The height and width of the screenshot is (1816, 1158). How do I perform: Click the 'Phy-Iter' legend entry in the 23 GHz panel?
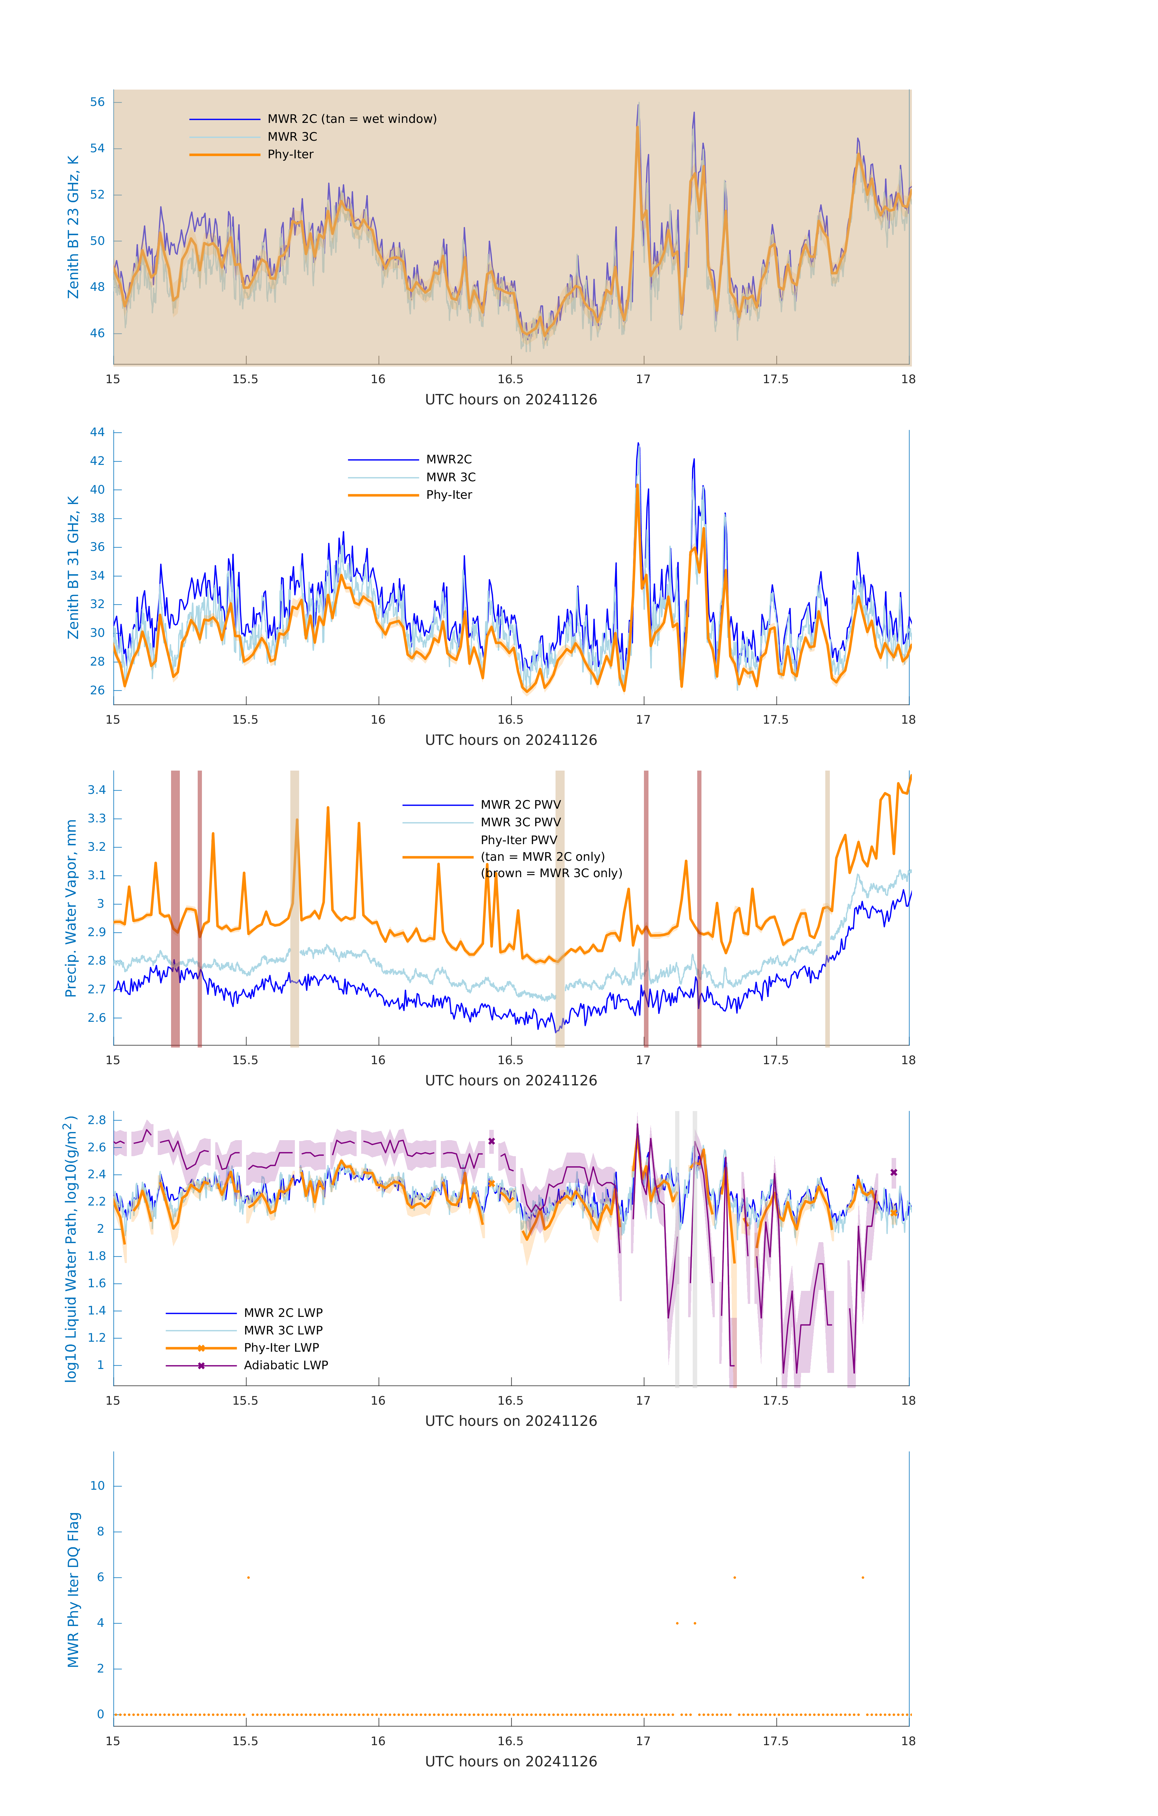point(290,155)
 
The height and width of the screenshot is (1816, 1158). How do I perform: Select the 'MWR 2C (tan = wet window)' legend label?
point(351,119)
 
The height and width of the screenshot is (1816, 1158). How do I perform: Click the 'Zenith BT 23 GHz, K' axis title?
point(73,227)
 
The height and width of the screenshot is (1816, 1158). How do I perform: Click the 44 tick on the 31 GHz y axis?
point(97,432)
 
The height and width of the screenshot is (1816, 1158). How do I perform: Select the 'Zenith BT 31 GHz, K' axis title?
point(73,567)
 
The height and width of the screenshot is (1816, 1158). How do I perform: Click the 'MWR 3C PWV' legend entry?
point(520,822)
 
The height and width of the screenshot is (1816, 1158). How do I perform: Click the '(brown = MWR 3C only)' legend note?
point(552,873)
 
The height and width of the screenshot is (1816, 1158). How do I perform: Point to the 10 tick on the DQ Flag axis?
point(97,1486)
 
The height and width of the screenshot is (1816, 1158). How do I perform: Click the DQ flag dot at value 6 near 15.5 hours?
point(248,1578)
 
